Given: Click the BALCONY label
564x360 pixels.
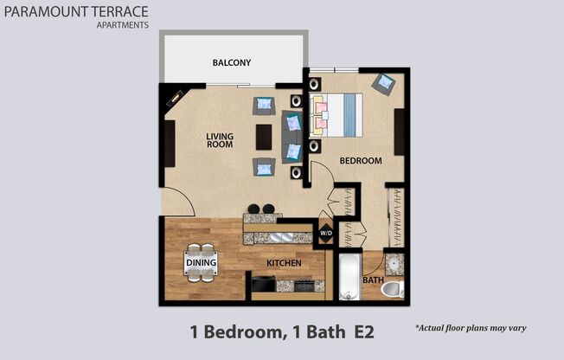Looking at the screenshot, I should click(231, 62).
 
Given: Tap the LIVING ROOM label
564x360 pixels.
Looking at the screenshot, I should click(220, 140).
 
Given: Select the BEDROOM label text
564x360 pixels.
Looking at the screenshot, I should click(360, 161).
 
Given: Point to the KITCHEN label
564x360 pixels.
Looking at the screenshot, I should click(283, 262).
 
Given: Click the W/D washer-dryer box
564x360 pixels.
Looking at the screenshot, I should click(327, 233).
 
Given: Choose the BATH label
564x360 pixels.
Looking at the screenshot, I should click(373, 280).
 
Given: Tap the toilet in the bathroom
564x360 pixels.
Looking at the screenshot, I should click(393, 288).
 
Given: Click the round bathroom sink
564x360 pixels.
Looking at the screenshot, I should click(394, 263).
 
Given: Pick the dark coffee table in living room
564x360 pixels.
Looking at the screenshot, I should click(264, 137).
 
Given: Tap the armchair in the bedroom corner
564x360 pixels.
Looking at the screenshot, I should click(383, 84).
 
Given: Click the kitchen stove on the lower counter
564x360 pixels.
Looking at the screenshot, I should click(304, 284).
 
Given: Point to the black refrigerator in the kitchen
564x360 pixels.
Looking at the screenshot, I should click(263, 284).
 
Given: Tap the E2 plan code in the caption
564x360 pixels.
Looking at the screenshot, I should click(362, 331).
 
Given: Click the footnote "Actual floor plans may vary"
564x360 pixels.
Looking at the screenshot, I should click(471, 328).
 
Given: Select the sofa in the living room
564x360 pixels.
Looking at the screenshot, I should click(292, 136).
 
